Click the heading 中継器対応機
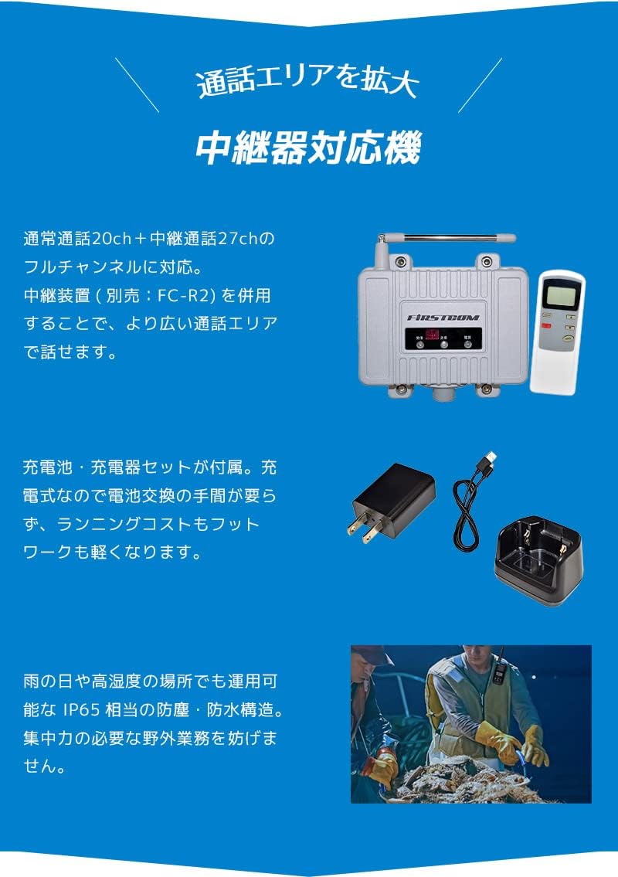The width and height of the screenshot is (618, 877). click(x=308, y=149)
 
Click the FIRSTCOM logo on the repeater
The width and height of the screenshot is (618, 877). click(x=443, y=317)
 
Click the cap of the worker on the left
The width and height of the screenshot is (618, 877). click(x=375, y=656)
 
